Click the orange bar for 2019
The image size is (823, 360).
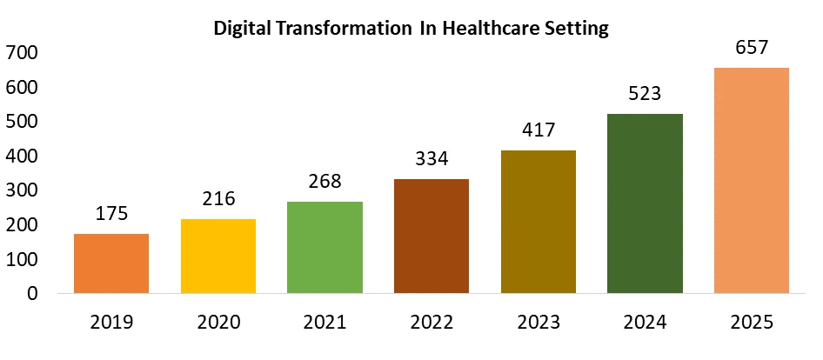111,263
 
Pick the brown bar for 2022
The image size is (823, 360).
432,236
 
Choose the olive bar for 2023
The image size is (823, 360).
539,222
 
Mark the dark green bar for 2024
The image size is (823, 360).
646,203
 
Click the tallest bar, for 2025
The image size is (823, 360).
752,180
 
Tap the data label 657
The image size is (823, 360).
752,49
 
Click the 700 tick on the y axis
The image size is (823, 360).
22,53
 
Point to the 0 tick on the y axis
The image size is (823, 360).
32,294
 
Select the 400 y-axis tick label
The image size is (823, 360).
22,157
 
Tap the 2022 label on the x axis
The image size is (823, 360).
432,323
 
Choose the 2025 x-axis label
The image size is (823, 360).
752,323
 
